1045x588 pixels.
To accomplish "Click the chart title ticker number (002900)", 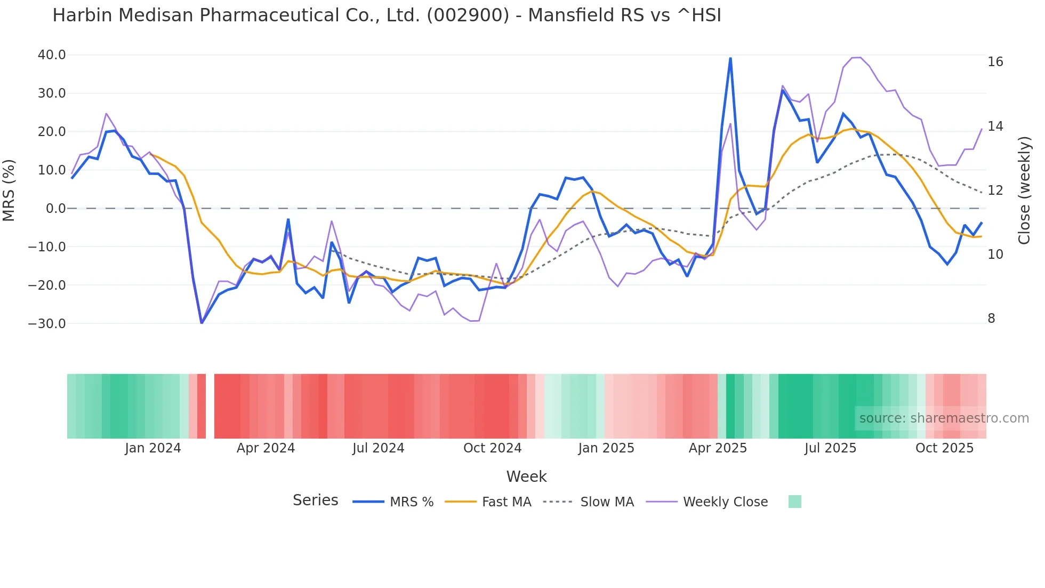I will point(468,15).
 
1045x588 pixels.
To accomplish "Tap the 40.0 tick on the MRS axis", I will point(52,55).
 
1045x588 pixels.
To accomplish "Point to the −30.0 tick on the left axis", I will point(47,324).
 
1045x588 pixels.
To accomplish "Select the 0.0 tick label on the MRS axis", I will point(55,209).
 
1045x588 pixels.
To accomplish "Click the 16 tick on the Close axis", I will point(995,62).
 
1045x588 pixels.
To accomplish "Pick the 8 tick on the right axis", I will point(991,319).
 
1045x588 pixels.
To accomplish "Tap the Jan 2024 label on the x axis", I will point(153,448).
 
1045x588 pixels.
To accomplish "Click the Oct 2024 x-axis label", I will point(492,448).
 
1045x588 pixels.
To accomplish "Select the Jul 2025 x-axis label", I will point(830,448).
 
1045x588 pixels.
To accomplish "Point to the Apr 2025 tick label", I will point(718,448).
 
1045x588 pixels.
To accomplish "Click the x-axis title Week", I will point(526,476).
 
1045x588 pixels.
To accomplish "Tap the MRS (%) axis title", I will point(9,190).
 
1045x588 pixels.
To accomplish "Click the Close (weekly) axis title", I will point(1024,190).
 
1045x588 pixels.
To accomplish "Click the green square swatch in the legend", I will point(794,502).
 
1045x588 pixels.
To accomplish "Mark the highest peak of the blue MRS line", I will point(730,58).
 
